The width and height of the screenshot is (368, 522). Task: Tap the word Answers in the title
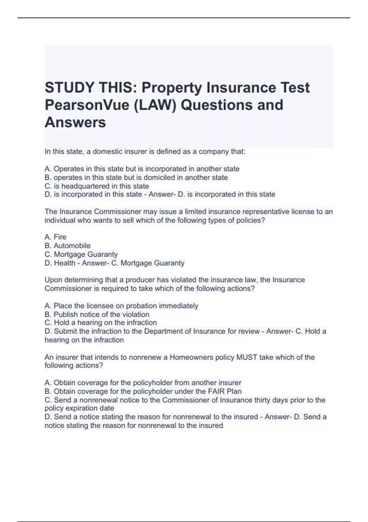(75, 122)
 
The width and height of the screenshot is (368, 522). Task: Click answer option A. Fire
(56, 237)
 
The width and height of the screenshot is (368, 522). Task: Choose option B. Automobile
(67, 245)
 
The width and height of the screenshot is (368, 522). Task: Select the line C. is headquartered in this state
(97, 186)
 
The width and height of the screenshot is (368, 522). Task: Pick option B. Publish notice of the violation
(97, 314)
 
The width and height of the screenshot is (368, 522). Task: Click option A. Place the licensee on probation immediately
(121, 306)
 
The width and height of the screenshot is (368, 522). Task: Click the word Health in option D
(64, 263)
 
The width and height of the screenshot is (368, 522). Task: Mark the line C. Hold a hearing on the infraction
(101, 322)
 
